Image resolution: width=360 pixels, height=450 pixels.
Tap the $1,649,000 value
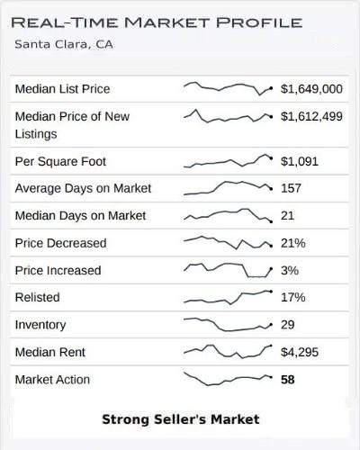tap(311, 89)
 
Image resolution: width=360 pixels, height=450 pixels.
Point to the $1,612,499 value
tap(311, 116)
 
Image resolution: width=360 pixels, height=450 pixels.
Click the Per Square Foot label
tap(60, 161)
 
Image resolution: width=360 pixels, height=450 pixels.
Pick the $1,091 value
tap(300, 161)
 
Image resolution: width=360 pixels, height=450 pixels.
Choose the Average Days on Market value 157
tap(292, 188)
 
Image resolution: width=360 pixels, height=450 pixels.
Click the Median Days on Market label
tap(80, 216)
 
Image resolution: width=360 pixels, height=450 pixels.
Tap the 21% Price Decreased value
tap(293, 243)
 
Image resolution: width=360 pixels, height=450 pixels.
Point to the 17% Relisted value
tap(293, 297)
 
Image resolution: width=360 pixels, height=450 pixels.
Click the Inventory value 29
tap(288, 325)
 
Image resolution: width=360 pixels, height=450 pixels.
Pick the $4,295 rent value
tap(300, 352)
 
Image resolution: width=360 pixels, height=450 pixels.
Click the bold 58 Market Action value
tap(288, 380)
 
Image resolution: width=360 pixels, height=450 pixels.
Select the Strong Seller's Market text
tap(180, 418)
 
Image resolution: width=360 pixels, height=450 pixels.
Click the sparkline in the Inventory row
tap(228, 325)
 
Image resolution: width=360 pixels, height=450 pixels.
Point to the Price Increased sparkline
tap(228, 270)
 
